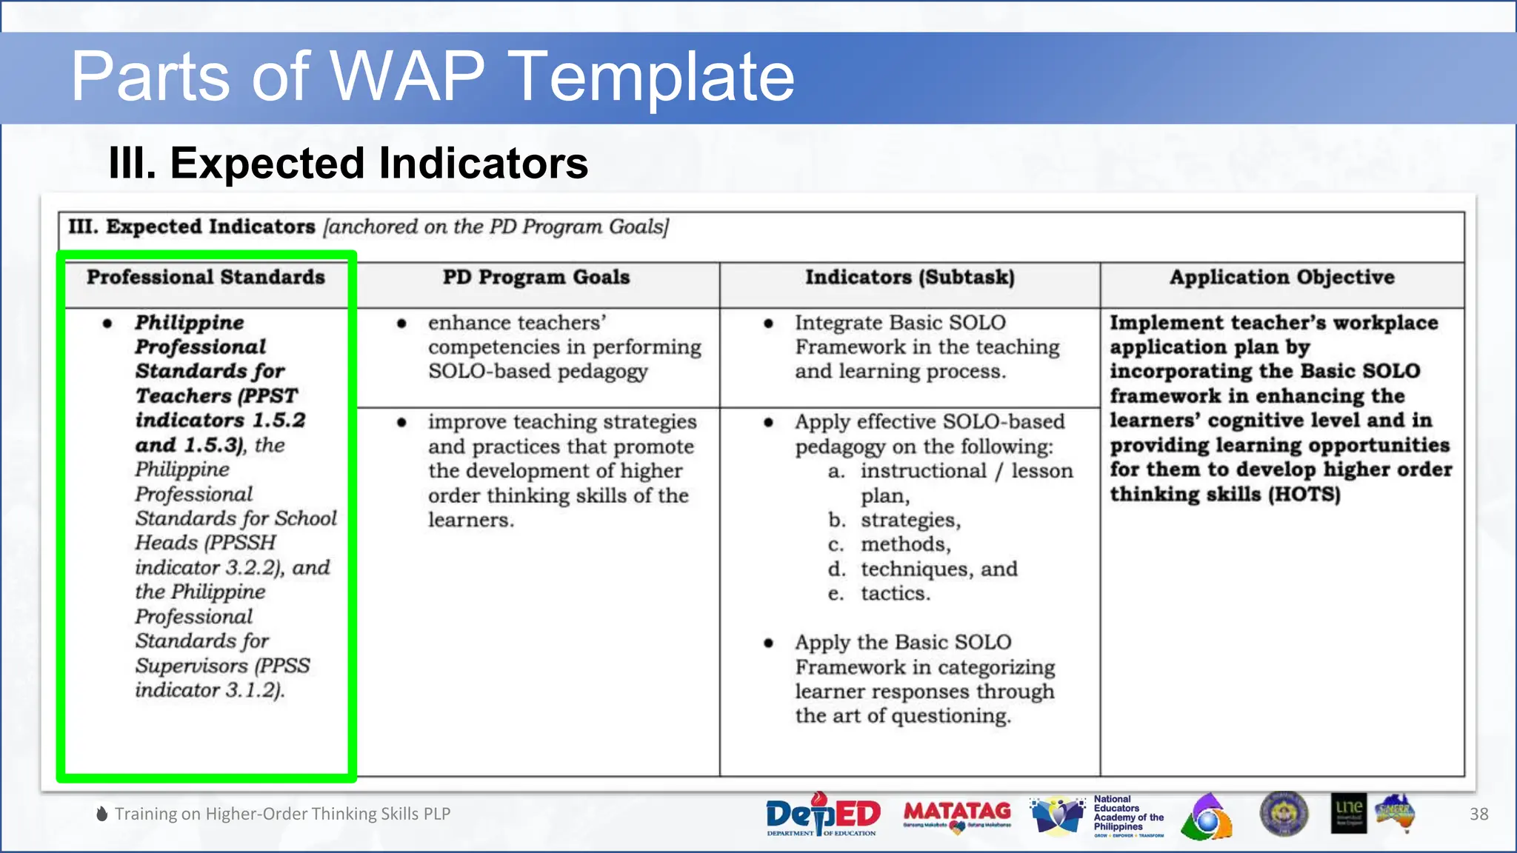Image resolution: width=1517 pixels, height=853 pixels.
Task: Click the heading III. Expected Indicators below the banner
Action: [x=347, y=163]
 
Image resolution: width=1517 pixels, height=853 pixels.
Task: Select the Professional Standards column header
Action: [x=205, y=277]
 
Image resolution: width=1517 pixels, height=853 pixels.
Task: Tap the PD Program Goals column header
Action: [x=536, y=277]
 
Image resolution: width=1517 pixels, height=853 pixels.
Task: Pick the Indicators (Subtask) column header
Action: [x=910, y=277]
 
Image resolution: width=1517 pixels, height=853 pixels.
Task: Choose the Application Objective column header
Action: [x=1281, y=277]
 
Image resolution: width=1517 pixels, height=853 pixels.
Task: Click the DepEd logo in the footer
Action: [x=822, y=814]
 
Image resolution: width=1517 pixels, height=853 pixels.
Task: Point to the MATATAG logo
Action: [x=957, y=814]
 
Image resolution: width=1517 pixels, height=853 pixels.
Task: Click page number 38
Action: [x=1478, y=814]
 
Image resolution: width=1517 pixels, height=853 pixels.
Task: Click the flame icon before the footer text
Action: [x=102, y=814]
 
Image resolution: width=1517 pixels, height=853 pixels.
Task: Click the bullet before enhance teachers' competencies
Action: [x=401, y=324]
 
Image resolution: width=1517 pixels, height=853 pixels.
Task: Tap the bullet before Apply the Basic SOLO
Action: [x=769, y=643]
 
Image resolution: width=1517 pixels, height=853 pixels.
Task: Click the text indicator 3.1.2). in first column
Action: [x=210, y=690]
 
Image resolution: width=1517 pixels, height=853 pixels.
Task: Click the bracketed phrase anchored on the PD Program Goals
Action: [x=496, y=227]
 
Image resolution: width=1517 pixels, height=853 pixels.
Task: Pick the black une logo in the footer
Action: [x=1348, y=813]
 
